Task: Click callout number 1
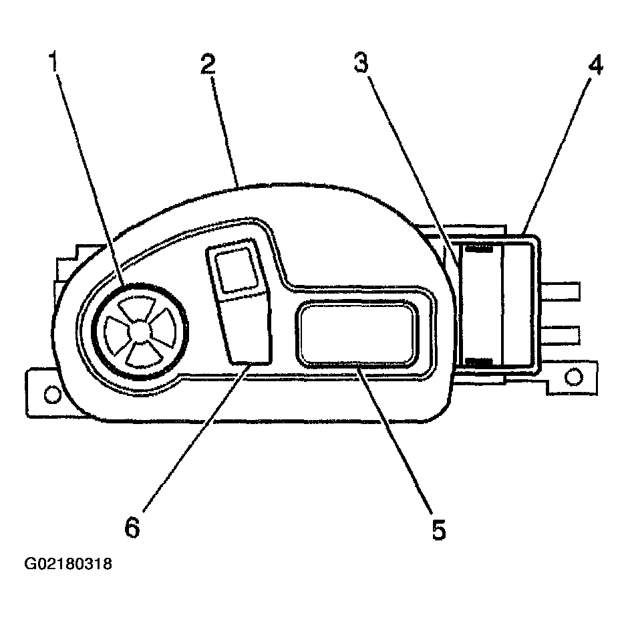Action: tap(52, 62)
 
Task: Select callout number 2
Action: tap(208, 64)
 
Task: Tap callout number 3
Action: tap(361, 63)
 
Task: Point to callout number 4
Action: tap(595, 66)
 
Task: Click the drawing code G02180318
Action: tap(69, 563)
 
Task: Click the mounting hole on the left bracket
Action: tap(52, 394)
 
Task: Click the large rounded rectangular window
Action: tap(357, 334)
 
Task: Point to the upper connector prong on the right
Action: tap(560, 292)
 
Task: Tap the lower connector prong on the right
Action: tap(560, 336)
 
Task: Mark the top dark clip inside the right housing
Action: tap(478, 249)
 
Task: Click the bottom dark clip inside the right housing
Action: tap(478, 362)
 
